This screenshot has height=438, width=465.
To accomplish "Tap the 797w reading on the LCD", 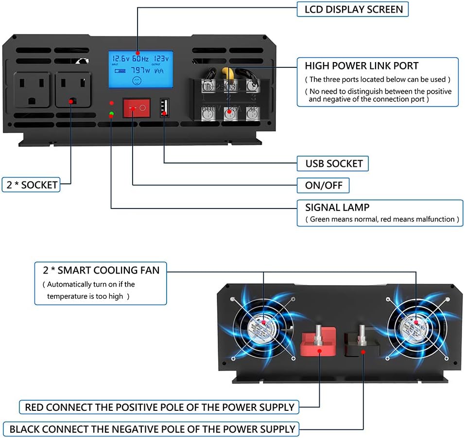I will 140,70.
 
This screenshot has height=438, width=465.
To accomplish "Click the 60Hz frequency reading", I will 140,58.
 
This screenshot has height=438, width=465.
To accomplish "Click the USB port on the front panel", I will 164,107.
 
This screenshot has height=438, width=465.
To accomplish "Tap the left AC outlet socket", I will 32,90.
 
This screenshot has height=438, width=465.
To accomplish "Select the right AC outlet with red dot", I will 72,90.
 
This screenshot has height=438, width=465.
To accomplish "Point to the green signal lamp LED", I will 112,114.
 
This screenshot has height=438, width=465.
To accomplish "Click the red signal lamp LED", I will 112,103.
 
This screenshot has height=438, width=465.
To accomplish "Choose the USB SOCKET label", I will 333,163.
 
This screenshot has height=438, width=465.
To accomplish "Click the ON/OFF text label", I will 323,185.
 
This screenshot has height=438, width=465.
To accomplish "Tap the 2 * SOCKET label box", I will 32,184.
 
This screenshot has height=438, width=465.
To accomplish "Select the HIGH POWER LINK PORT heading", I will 362,65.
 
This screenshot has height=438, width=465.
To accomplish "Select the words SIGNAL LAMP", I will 337,207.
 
